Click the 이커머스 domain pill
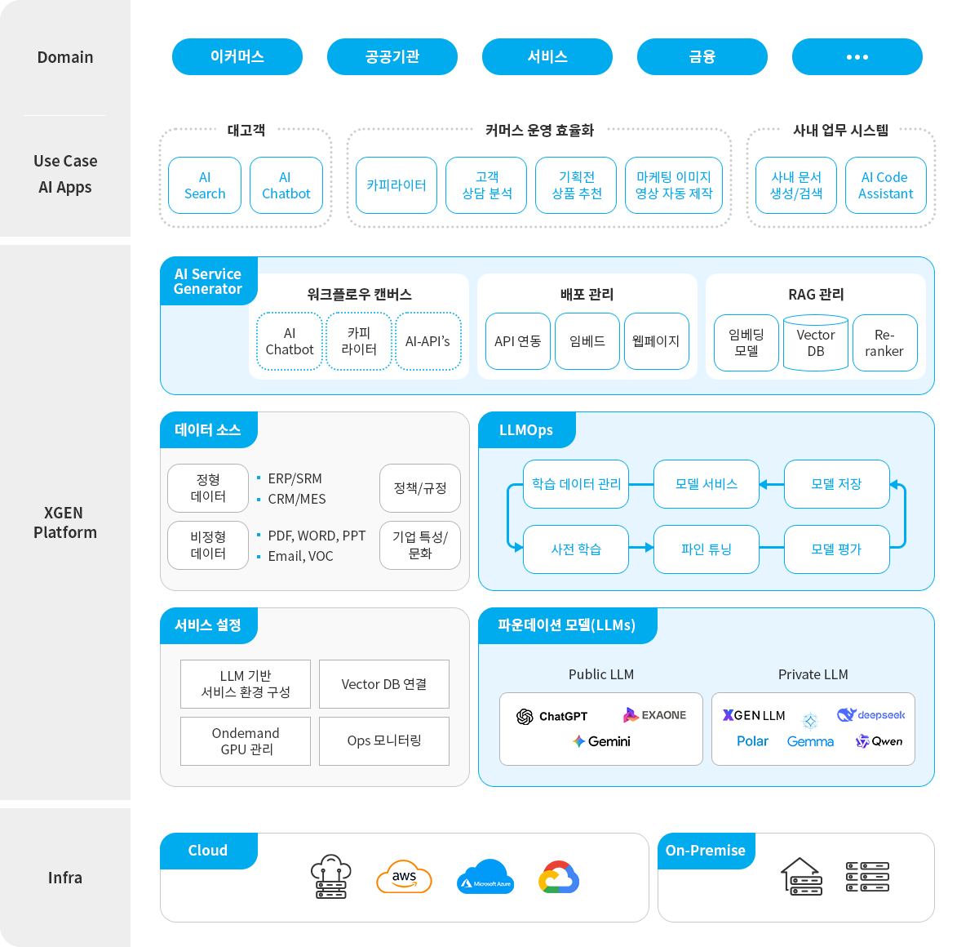(237, 57)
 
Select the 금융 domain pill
(702, 57)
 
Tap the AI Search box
(205, 185)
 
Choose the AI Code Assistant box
(885, 185)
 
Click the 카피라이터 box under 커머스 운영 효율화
(396, 185)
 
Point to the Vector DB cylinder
(816, 343)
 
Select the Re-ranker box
(884, 343)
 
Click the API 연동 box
(518, 341)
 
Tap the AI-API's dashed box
(427, 341)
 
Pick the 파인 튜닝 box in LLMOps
(707, 549)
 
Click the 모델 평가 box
(836, 549)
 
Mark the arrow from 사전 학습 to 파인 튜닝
(642, 548)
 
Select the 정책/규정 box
(420, 488)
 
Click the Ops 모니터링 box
(384, 741)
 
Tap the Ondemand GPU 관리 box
(246, 741)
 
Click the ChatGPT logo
(552, 716)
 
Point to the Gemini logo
(601, 741)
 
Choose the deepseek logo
(870, 715)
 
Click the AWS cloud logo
(404, 878)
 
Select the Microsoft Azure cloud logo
(485, 878)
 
